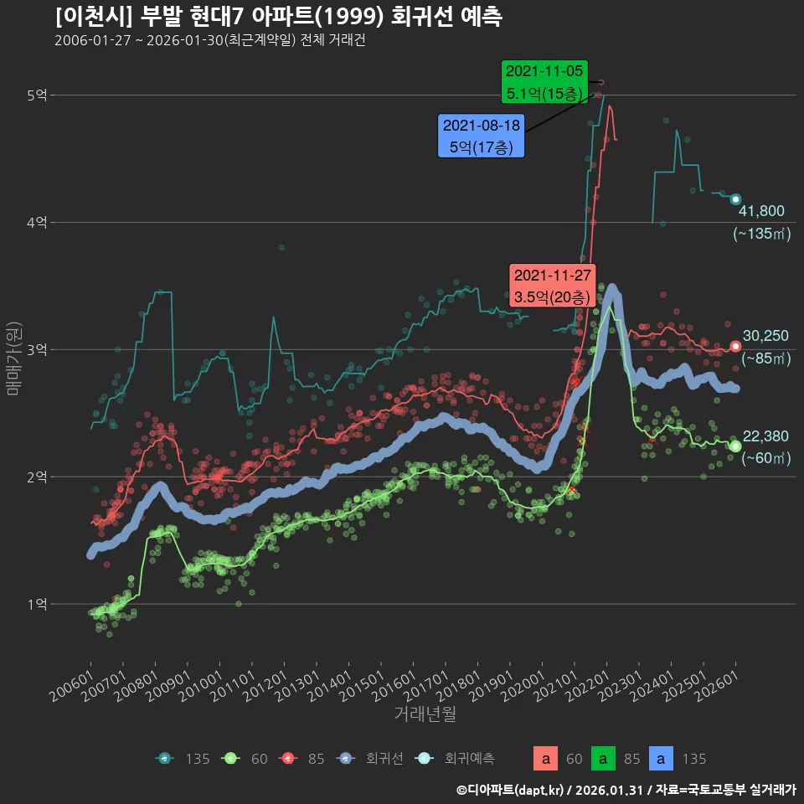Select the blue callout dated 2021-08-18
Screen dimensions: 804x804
pos(482,136)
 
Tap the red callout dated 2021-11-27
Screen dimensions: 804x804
pos(553,286)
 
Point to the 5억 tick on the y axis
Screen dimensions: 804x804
pos(36,95)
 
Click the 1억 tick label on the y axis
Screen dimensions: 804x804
pos(36,604)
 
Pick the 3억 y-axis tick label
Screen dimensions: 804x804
pos(36,349)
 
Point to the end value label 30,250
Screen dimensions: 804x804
pos(765,336)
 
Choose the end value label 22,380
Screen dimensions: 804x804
pos(765,435)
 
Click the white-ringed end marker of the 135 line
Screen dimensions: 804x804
pos(735,199)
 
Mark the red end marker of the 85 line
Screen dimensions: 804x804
pos(735,346)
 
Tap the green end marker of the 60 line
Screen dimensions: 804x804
pos(735,446)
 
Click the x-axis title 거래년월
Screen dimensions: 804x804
pos(425,714)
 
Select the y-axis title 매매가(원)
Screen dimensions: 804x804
pos(14,357)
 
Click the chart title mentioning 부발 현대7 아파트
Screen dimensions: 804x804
pos(279,17)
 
